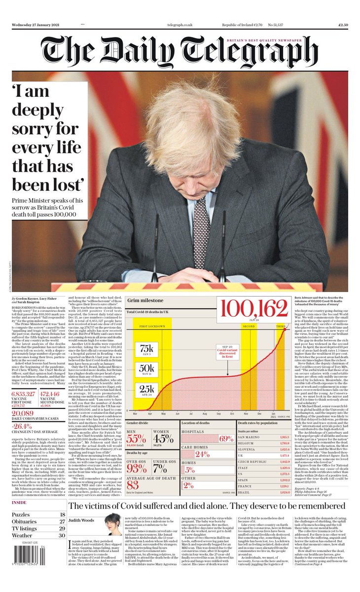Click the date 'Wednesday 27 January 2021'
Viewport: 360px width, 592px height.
[32, 25]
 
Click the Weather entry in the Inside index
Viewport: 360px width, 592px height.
[23, 535]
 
